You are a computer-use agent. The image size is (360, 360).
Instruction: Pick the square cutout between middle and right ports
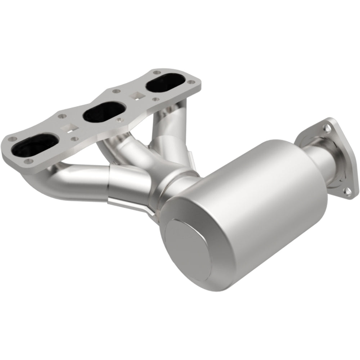[136, 95]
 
